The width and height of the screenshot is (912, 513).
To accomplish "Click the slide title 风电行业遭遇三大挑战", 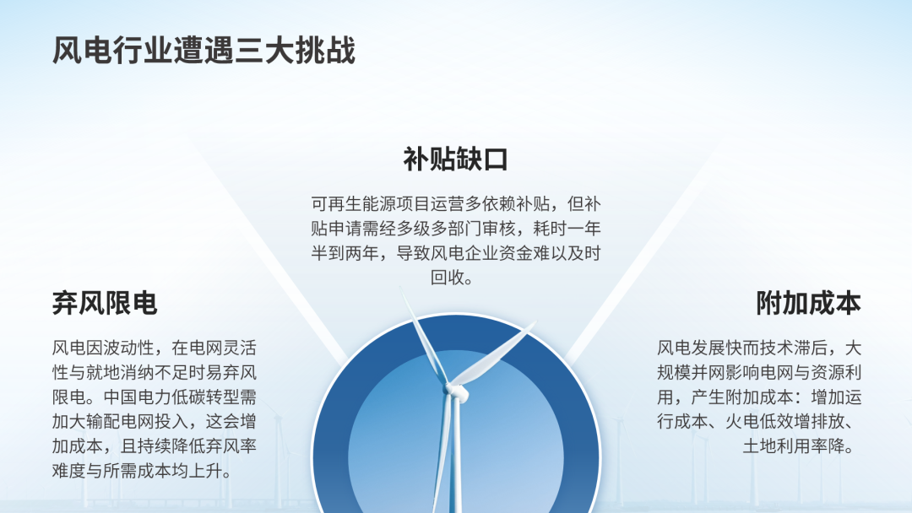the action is point(204,51).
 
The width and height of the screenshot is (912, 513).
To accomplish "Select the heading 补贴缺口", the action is point(455,159).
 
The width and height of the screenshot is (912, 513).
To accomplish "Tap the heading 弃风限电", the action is point(105,303).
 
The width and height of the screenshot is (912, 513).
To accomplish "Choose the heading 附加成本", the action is point(808,303).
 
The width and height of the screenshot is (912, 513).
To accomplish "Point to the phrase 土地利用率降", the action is point(793,445).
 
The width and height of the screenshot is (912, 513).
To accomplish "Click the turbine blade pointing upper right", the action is point(494,354).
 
